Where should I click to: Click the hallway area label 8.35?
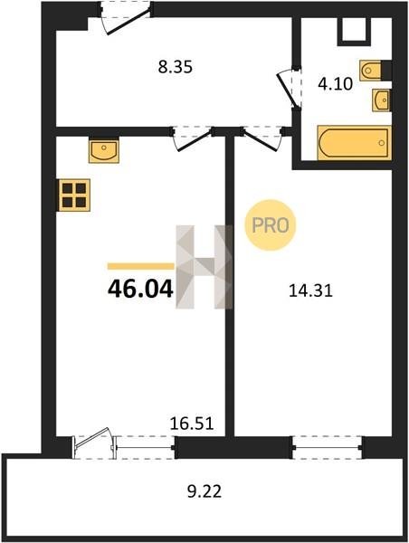click(175, 67)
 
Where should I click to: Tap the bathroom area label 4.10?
click(335, 84)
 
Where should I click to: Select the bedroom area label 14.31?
click(310, 291)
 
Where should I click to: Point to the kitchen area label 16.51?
click(192, 424)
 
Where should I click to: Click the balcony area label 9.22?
click(204, 491)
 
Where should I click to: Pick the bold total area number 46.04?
click(140, 290)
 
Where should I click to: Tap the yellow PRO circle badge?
click(271, 225)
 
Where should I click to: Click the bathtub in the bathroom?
click(355, 143)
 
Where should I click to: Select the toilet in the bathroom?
click(371, 71)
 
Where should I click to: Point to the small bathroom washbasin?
click(381, 100)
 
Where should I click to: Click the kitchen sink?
click(104, 151)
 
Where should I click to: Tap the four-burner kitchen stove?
click(74, 195)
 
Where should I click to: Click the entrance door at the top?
click(126, 18)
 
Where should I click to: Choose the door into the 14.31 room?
click(262, 138)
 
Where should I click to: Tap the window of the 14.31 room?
click(328, 447)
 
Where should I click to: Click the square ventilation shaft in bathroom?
click(355, 31)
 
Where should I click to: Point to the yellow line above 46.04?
click(140, 266)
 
